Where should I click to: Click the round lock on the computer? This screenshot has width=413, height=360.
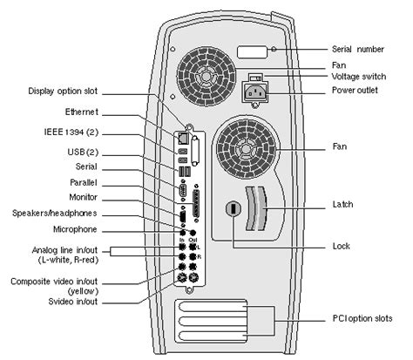point(234,210)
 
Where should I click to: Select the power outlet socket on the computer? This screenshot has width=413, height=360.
point(260,88)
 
